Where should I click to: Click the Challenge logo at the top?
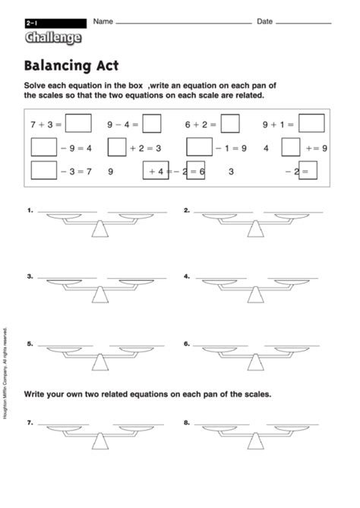point(52,37)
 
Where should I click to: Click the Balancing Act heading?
point(71,66)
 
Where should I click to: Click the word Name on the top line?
point(103,22)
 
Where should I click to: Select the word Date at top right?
point(264,22)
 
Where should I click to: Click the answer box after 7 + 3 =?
point(78,123)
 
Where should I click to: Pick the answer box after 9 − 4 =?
point(152,123)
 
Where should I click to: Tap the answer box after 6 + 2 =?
point(230,123)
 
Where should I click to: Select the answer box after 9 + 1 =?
point(311,123)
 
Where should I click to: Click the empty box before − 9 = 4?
point(43,147)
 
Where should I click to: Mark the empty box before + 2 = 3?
point(116,147)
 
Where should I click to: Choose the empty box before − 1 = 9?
point(199,147)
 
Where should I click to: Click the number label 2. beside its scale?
point(186,209)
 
